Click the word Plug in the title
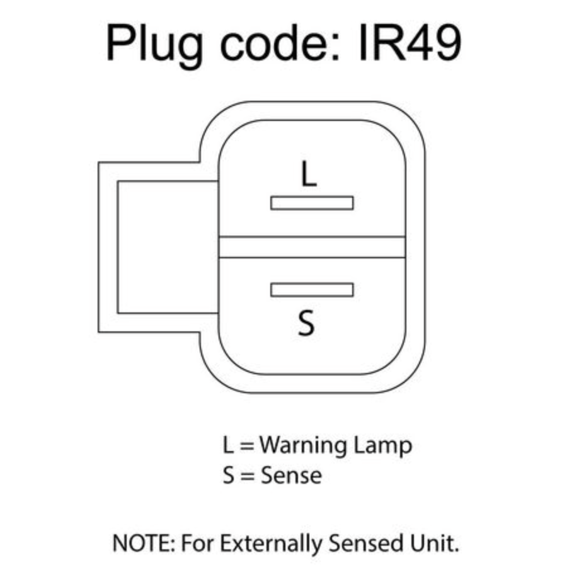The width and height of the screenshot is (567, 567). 154,46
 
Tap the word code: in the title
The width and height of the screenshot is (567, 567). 280,43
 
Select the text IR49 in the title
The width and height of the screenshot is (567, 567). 409,43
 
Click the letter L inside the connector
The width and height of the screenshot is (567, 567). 309,174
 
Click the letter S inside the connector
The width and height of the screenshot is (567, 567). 306,323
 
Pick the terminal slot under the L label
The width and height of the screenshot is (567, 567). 312,203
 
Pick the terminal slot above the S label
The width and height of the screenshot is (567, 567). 312,290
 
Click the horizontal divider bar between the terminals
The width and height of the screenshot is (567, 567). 312,248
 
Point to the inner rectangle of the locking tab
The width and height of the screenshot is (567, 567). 118,248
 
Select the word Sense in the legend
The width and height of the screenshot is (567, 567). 292,475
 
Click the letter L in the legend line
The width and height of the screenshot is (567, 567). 228,445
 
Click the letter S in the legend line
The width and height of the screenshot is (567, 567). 229,475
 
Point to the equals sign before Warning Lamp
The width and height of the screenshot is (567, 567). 246,446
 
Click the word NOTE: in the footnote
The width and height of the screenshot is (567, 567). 144,543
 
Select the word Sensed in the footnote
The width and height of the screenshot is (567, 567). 366,543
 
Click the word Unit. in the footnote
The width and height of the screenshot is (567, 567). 434,543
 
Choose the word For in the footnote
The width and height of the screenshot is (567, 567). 197,543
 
